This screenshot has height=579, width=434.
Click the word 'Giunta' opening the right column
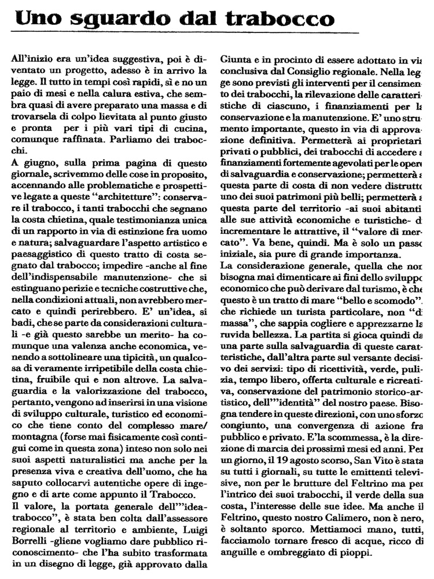(x=236, y=58)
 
